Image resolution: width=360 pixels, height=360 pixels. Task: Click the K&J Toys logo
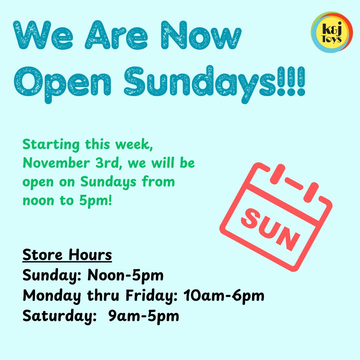[332, 32]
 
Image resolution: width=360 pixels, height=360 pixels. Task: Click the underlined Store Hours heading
[67, 255]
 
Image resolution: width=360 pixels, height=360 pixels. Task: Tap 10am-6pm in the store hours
[224, 295]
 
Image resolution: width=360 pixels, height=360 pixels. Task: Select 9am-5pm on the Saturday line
[144, 316]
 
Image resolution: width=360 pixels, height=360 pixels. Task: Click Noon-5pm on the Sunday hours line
[125, 275]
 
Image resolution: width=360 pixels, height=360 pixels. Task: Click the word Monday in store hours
[52, 296]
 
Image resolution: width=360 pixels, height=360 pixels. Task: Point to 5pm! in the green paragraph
[96, 201]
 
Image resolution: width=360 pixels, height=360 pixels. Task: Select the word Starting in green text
[51, 145]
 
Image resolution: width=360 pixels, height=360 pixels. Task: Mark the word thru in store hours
[103, 295]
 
